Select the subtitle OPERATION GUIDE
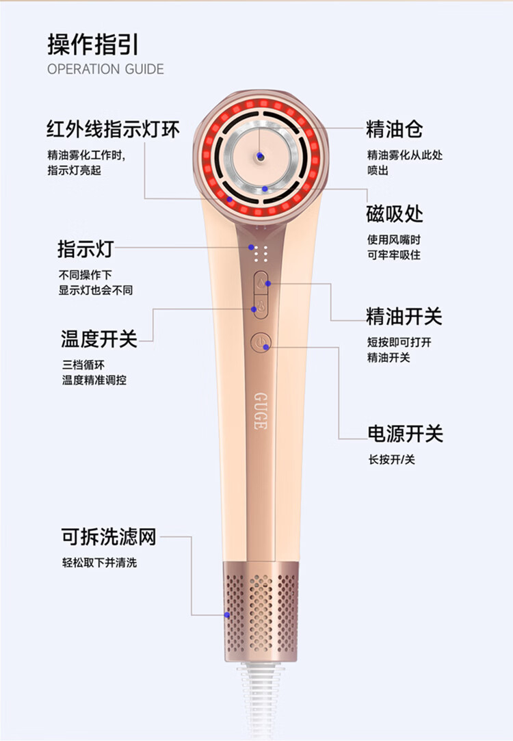[105, 69]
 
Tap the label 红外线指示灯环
[113, 129]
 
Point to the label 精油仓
[394, 129]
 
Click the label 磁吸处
[394, 214]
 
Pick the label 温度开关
[99, 338]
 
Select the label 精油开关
[404, 316]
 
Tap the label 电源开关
[405, 434]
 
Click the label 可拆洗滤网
[109, 538]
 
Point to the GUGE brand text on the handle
[260, 411]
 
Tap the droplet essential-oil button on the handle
[261, 282]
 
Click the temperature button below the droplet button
[261, 307]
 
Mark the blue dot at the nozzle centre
[260, 157]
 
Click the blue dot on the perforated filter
[228, 615]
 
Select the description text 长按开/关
[391, 459]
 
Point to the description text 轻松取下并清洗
[99, 563]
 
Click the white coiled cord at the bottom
[261, 705]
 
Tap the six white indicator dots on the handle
[259, 256]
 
